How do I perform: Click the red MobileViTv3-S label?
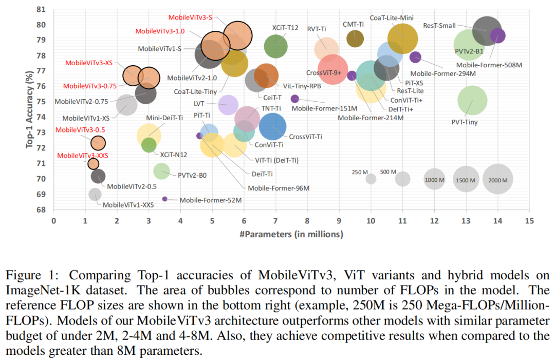tap(190, 17)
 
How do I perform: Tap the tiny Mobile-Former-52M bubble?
tap(165, 199)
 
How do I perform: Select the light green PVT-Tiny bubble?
tap(472, 101)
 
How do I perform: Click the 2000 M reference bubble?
tap(498, 179)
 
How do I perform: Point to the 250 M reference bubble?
tap(371, 179)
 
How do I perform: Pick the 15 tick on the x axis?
tap(529, 220)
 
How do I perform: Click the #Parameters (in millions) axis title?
tap(292, 234)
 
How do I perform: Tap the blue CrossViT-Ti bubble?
tap(273, 126)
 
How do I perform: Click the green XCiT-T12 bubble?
tap(276, 47)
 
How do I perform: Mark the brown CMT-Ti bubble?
tap(355, 38)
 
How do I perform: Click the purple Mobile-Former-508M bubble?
tap(497, 35)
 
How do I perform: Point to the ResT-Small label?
tap(439, 25)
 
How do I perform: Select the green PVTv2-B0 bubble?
tap(162, 170)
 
